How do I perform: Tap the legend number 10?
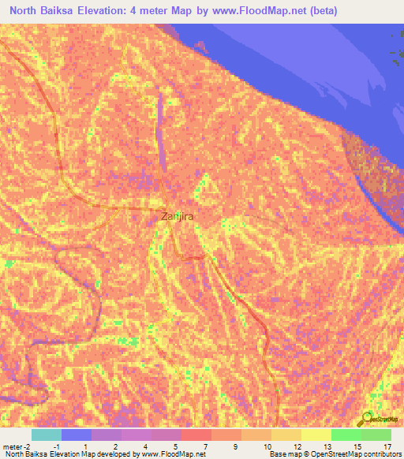[x=267, y=446]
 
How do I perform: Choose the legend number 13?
[x=325, y=446]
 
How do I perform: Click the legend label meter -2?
[x=16, y=446]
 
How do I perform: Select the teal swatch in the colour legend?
[x=47, y=435]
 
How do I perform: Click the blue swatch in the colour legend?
[x=77, y=435]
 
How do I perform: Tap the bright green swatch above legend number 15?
[x=346, y=435]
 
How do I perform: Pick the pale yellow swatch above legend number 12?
[x=286, y=435]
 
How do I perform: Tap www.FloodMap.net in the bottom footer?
[x=172, y=454]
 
